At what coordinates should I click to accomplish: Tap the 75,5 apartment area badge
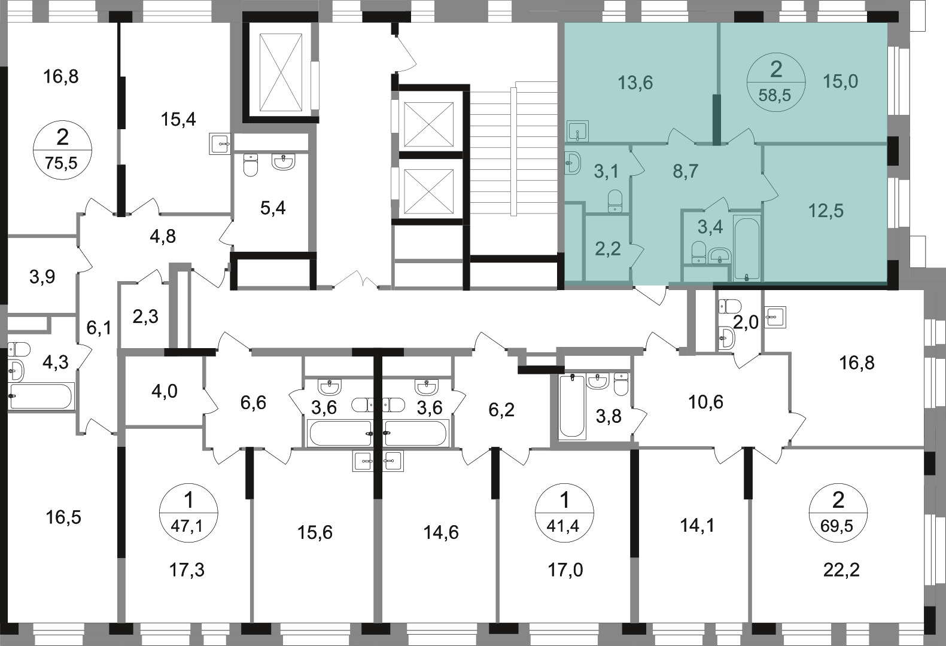click(62, 150)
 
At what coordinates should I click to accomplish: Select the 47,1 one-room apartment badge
click(188, 513)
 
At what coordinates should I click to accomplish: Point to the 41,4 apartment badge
click(564, 513)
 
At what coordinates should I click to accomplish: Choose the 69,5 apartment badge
click(838, 513)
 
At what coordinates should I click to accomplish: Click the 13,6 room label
click(635, 83)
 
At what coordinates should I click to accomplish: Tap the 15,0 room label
click(841, 81)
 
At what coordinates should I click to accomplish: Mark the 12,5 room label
click(826, 211)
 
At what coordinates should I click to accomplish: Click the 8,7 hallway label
click(686, 172)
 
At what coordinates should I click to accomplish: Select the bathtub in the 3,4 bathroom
click(747, 248)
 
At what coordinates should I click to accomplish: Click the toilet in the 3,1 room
click(615, 201)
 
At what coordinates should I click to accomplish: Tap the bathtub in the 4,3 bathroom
click(41, 396)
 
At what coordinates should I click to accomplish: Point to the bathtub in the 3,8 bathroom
click(572, 406)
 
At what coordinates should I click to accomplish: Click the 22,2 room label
click(841, 571)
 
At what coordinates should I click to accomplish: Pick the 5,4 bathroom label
click(273, 208)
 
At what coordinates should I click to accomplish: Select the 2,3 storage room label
click(145, 316)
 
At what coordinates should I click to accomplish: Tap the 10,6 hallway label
click(705, 403)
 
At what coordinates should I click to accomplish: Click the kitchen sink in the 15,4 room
click(220, 144)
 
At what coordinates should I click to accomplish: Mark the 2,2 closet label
click(608, 249)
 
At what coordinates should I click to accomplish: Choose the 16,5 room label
click(63, 517)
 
